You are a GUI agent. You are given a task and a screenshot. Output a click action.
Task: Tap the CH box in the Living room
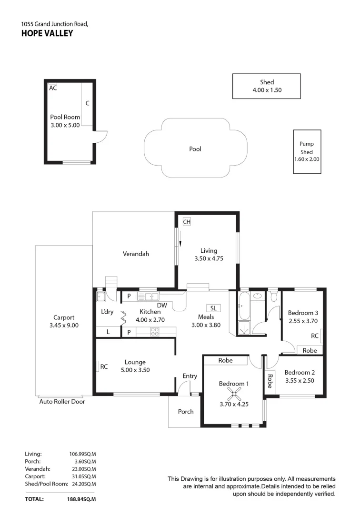[x=187, y=222]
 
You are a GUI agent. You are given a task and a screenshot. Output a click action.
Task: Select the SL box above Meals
[x=213, y=308]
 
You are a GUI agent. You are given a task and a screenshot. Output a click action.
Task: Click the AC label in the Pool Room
[x=53, y=88]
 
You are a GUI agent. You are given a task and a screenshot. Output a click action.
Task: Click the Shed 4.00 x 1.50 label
[x=266, y=86]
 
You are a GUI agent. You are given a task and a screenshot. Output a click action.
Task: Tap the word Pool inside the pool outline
[x=195, y=149]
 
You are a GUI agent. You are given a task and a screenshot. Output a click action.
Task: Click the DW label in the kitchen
[x=162, y=305]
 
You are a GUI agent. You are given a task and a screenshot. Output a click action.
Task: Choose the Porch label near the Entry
[x=186, y=411]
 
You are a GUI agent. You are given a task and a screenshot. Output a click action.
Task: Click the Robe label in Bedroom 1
[x=226, y=360]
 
